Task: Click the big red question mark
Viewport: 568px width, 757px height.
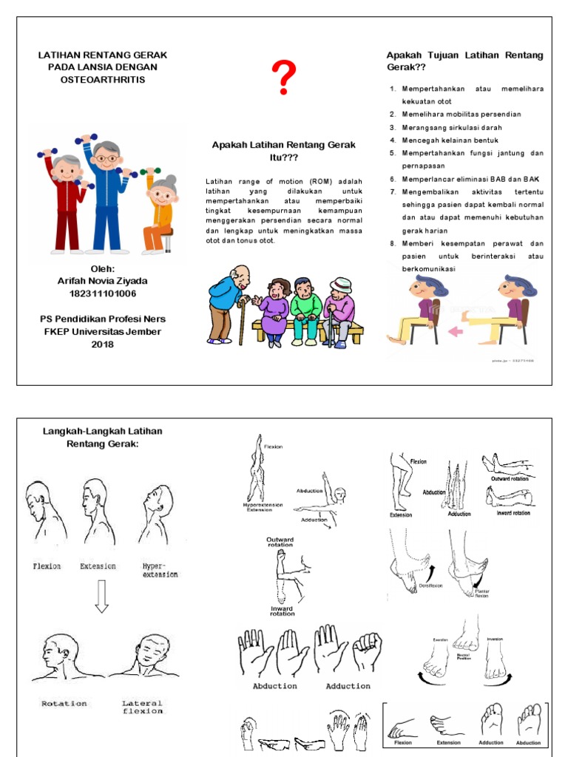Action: [284, 78]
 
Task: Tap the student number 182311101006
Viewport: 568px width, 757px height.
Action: [103, 293]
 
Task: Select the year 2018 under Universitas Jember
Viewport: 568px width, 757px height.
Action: [103, 344]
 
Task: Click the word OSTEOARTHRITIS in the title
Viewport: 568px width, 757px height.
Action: [103, 79]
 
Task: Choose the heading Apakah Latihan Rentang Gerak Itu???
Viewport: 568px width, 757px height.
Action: [284, 151]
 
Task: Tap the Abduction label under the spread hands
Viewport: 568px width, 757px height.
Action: [275, 686]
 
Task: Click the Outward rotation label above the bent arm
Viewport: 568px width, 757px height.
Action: [280, 543]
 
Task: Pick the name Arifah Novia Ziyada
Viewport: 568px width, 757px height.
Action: [103, 281]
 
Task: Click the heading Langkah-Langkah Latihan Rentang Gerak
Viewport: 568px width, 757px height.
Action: [103, 437]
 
